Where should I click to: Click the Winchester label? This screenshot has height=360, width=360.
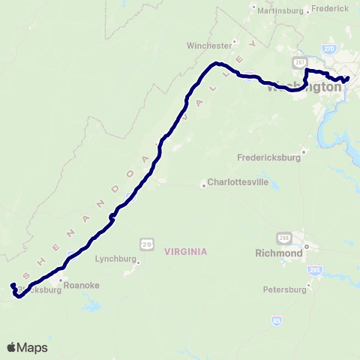[x=209, y=45]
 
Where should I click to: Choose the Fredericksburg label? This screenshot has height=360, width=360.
[x=268, y=158]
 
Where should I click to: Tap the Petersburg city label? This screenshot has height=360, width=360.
[x=286, y=289]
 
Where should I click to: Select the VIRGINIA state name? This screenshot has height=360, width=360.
[x=184, y=252]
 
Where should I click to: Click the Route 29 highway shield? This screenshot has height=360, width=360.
[x=146, y=244]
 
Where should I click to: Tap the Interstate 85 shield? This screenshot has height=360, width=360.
[x=277, y=320]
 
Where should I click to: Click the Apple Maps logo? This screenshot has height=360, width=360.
[x=27, y=347]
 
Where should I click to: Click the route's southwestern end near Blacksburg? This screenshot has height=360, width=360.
[x=12, y=285]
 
